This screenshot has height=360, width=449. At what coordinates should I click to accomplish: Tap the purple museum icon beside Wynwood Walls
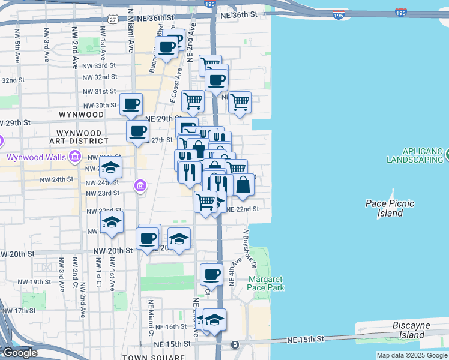click(x=75, y=158)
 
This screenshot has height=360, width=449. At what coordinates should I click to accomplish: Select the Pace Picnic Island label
click(x=390, y=208)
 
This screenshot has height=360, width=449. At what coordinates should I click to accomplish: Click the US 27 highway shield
click(x=113, y=19)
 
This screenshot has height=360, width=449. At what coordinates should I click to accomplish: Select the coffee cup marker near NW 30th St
click(x=131, y=104)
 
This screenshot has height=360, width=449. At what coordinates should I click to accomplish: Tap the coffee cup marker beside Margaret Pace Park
click(x=211, y=274)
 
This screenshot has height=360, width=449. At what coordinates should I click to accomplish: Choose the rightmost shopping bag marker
click(x=243, y=184)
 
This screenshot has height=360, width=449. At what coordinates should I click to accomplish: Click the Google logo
click(x=20, y=353)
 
